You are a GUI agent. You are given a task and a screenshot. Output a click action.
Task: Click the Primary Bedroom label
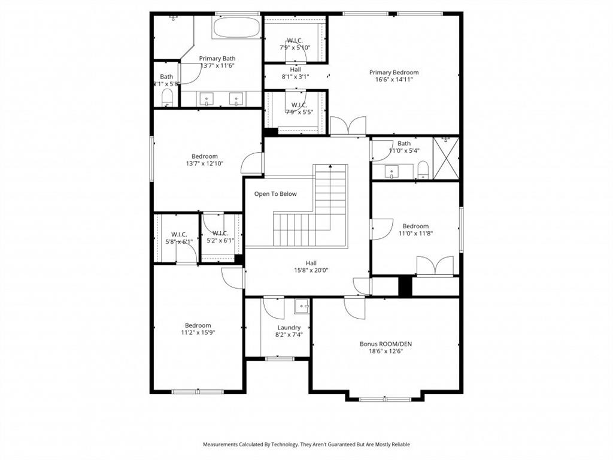tap(393, 72)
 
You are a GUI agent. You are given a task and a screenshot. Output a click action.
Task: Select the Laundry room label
tap(289, 328)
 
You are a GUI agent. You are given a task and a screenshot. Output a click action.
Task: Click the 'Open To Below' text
tap(275, 193)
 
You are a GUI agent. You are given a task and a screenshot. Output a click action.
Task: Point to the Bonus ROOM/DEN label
tap(386, 344)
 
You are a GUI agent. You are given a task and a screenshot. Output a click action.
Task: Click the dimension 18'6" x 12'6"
tap(386, 352)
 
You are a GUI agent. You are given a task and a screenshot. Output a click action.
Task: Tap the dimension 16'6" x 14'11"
tap(393, 80)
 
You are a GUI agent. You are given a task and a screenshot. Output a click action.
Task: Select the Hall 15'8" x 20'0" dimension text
tap(311, 270)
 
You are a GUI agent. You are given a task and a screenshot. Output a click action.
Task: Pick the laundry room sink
tap(302, 307)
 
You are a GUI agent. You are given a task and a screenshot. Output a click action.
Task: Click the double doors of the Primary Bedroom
tap(348, 126)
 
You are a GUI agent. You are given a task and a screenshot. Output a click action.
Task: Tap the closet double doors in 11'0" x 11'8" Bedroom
tap(435, 266)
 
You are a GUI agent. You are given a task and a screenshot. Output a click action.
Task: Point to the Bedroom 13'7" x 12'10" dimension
tap(205, 164)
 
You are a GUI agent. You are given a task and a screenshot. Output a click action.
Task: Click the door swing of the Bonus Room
tap(354, 308)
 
